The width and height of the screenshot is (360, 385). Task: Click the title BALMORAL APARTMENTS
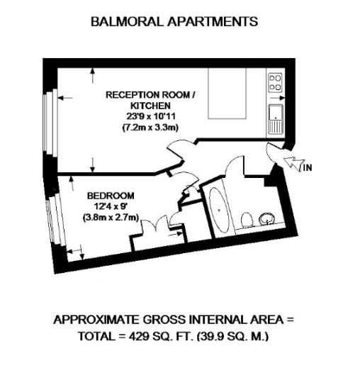coord(174,21)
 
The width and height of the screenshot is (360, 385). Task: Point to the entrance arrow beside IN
coord(291,163)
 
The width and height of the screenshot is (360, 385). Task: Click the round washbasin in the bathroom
coord(267,217)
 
